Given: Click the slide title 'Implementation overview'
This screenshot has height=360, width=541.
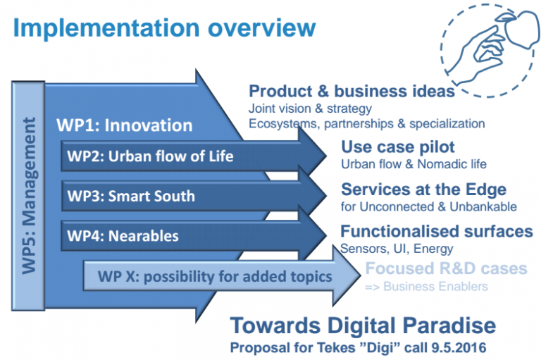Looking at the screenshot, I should point(164,27).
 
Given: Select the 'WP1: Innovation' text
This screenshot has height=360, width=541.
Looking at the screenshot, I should point(125,125).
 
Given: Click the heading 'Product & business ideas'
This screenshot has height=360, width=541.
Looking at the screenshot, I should point(352,92).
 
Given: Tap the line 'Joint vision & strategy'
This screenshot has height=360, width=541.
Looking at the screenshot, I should point(310,109).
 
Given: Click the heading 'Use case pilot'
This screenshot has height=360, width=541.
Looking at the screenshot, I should point(398,147).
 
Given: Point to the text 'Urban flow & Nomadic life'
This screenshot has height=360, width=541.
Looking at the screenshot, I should point(413,164).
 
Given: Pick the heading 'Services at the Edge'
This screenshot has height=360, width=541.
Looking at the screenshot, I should point(423,190).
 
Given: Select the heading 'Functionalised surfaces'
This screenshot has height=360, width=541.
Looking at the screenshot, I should point(436,231).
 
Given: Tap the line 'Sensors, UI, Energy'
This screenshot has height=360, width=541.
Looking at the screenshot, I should point(397,248).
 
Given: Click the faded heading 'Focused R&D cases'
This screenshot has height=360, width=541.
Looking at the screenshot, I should point(446,269).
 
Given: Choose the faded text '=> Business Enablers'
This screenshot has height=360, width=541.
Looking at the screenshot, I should point(425,286).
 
